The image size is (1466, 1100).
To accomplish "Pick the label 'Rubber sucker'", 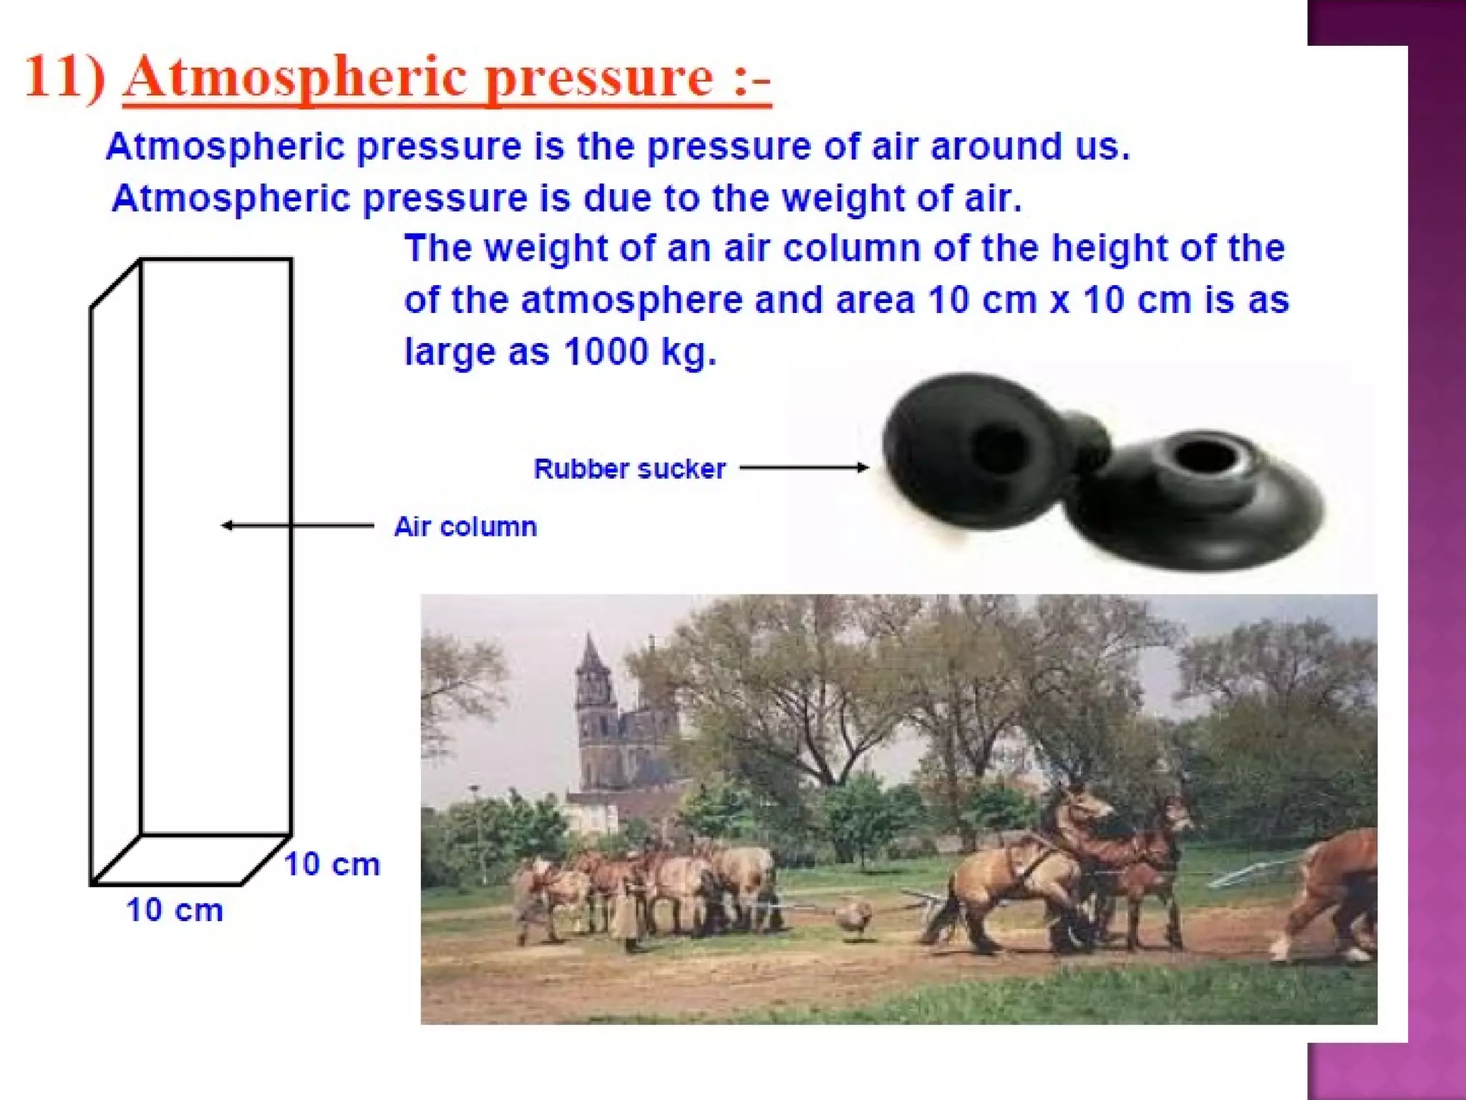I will click(630, 469).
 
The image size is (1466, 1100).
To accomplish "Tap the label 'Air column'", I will click(465, 527).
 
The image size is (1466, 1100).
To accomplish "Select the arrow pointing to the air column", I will click(297, 526).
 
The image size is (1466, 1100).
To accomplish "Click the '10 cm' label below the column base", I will click(175, 911).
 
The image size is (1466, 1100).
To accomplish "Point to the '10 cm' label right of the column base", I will click(332, 864).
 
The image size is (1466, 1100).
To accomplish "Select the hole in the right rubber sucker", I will click(1205, 454).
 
